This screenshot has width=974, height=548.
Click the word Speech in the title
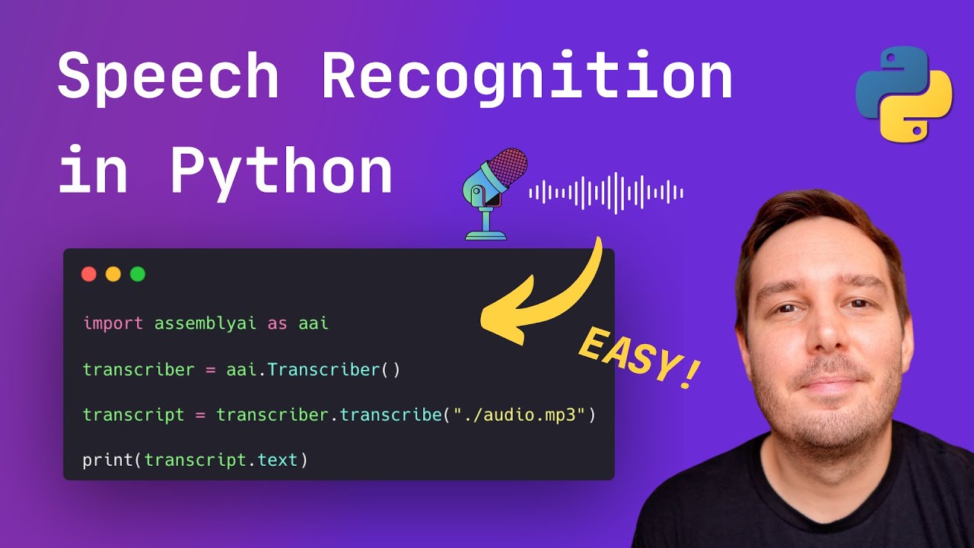click(x=168, y=78)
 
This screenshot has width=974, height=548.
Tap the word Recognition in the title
click(x=527, y=78)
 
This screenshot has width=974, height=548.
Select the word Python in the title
click(x=281, y=172)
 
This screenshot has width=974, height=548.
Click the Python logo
click(x=904, y=94)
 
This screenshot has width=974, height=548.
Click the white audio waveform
click(x=606, y=193)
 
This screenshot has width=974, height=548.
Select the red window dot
click(x=89, y=274)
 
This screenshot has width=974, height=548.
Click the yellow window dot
click(x=113, y=274)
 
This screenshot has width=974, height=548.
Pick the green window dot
click(x=138, y=274)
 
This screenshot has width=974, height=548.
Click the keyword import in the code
click(x=113, y=323)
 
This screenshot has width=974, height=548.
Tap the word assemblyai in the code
click(x=205, y=323)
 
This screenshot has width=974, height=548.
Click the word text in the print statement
click(x=277, y=460)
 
